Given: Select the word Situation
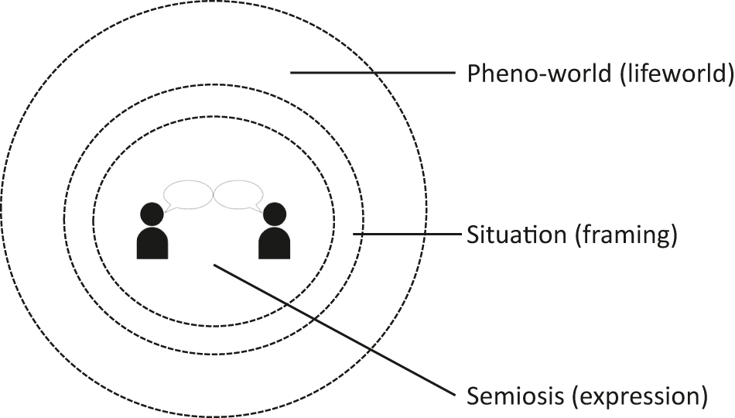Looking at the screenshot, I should pos(517,235).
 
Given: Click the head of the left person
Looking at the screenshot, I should pos(152,213).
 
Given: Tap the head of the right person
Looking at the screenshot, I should pos(274,213).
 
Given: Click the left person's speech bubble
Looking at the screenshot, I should pos(189,194).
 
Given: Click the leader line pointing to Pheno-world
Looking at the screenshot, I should pos(371,73).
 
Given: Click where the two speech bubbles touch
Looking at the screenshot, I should pos(213,194).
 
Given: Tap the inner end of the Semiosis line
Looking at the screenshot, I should pos(215,266).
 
